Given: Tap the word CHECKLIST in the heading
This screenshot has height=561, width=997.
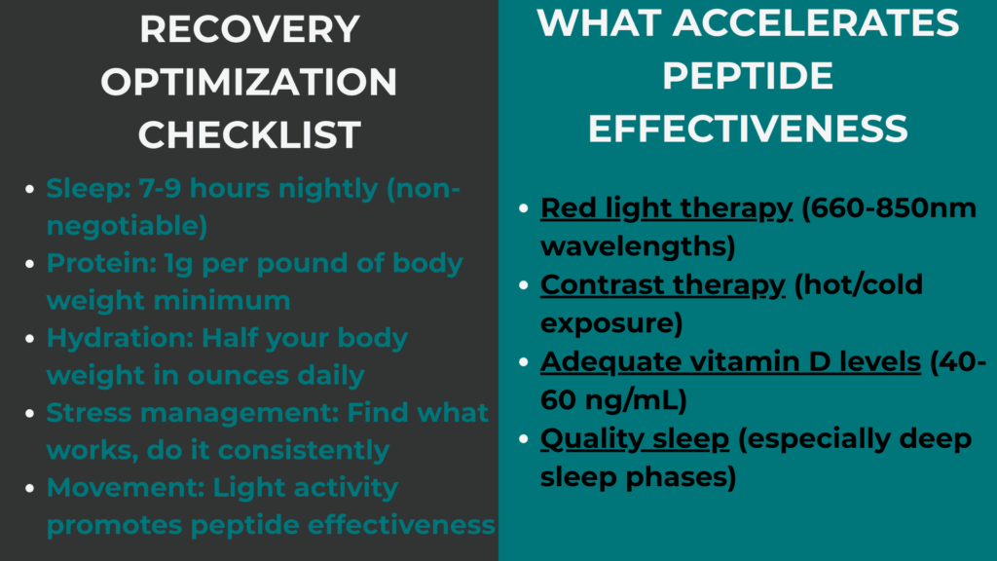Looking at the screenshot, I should click(x=249, y=134).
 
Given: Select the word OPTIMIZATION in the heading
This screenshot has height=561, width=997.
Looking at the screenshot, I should click(x=249, y=83).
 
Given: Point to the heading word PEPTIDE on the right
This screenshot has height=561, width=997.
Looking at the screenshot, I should click(x=748, y=76).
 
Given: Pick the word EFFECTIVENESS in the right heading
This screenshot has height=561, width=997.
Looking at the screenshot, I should click(x=748, y=129).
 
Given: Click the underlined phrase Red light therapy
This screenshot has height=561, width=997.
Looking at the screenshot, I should click(x=666, y=208).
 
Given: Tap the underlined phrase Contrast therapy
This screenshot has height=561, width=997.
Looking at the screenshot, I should click(x=662, y=284).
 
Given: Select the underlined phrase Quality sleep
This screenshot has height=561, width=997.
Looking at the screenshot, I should click(x=635, y=439).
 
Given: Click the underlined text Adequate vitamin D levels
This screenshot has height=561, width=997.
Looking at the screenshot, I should click(x=730, y=361).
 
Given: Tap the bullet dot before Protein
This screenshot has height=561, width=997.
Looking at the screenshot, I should click(x=31, y=264).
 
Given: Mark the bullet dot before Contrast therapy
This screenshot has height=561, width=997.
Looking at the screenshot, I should click(x=524, y=285).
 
